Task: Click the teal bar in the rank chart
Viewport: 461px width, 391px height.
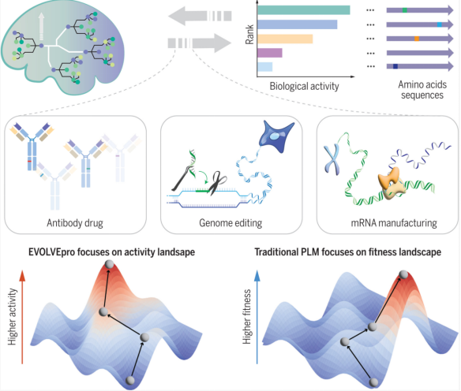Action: coord(304,10)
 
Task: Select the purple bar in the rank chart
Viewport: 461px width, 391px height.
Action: coord(270,53)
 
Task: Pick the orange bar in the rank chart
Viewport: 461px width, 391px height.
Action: coord(285,39)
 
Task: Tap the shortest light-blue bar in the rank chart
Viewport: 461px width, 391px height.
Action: coord(265,67)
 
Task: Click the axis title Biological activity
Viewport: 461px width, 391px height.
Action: coord(304,86)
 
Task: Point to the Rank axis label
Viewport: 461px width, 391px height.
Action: coord(249,35)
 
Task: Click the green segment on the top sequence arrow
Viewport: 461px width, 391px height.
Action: coord(404,10)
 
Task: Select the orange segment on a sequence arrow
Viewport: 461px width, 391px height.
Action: coord(417,39)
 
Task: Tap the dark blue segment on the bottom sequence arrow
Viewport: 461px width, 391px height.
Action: coord(395,67)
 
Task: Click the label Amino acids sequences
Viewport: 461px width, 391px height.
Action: coord(422,90)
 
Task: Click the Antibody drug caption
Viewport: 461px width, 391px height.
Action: coord(75,223)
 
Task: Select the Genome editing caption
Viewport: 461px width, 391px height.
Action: coord(230,223)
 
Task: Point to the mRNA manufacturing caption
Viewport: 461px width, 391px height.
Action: coord(394,223)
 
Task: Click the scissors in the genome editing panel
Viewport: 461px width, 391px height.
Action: coord(218,183)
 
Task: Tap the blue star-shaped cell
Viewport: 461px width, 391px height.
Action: coord(275,136)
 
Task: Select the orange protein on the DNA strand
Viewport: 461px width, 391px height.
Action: coord(390,184)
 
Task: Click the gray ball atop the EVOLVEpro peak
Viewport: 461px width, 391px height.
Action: coord(109,264)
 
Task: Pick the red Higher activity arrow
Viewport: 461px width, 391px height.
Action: coord(22,318)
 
